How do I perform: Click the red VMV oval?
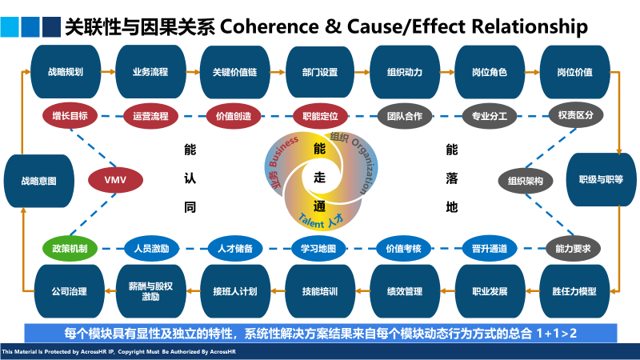coord(115,179)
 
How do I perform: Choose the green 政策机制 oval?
coord(70,248)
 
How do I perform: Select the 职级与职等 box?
coord(601,181)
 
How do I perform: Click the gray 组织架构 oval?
coord(526,181)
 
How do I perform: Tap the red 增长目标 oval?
coord(70,116)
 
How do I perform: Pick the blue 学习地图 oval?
coord(318,248)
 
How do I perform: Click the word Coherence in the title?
coord(266,26)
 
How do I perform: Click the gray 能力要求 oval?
coord(573,248)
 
